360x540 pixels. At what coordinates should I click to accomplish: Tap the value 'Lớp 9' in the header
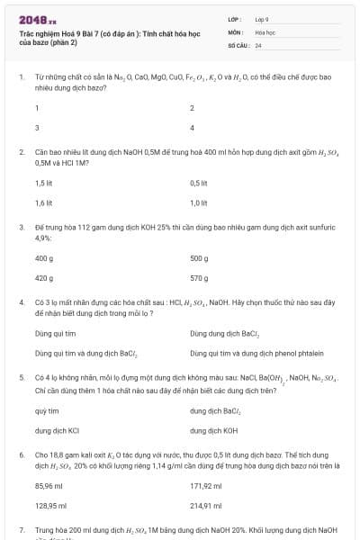(262, 19)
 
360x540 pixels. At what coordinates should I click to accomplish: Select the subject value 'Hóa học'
(264, 31)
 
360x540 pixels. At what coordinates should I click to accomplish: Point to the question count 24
(258, 44)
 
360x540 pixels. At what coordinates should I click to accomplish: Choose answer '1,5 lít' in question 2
(43, 183)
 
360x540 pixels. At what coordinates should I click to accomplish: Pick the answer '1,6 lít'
(43, 202)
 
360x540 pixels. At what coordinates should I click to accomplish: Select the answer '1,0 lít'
(199, 202)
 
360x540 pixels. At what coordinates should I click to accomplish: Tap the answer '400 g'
(44, 258)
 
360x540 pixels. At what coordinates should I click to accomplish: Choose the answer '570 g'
(199, 278)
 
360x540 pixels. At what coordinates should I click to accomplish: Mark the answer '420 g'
(44, 278)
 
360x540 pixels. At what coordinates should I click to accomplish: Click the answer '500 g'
(199, 258)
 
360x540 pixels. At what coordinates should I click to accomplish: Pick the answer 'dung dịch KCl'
(58, 430)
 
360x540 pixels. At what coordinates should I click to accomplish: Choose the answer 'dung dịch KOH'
(213, 430)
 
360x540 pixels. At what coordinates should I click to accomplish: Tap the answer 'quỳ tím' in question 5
(46, 410)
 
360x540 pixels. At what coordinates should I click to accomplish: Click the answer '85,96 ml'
(49, 486)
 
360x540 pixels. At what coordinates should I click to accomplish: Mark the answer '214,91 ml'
(206, 506)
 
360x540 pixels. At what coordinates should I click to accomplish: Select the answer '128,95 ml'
(50, 506)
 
